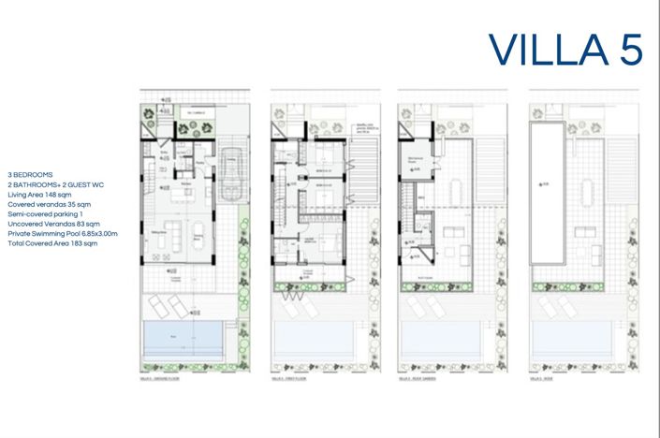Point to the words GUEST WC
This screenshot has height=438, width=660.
click(85, 185)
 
